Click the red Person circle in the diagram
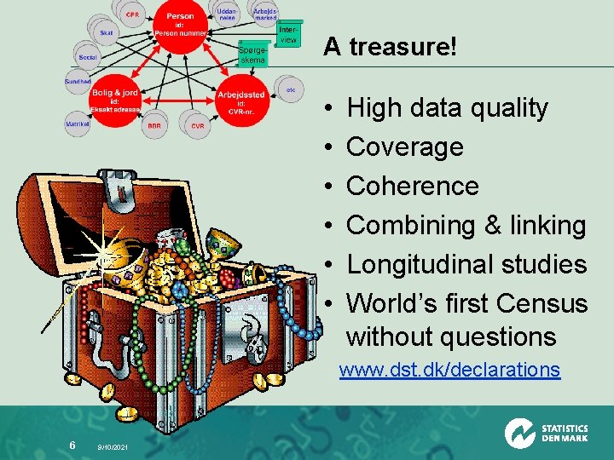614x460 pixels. (x=180, y=23)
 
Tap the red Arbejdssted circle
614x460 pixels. (x=241, y=101)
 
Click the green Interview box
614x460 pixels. (x=288, y=35)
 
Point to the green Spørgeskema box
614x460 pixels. (x=253, y=54)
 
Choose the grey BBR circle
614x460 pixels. (x=154, y=124)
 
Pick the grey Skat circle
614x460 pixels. (x=107, y=33)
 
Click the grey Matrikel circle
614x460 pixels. (x=78, y=124)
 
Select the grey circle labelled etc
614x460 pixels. (x=291, y=89)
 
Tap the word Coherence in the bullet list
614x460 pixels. (x=413, y=186)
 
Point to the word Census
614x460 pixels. (x=543, y=303)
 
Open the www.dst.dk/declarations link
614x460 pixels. (x=449, y=370)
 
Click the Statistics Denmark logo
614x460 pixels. (x=546, y=433)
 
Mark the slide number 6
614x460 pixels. (x=72, y=445)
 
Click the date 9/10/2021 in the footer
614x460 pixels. (x=113, y=446)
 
